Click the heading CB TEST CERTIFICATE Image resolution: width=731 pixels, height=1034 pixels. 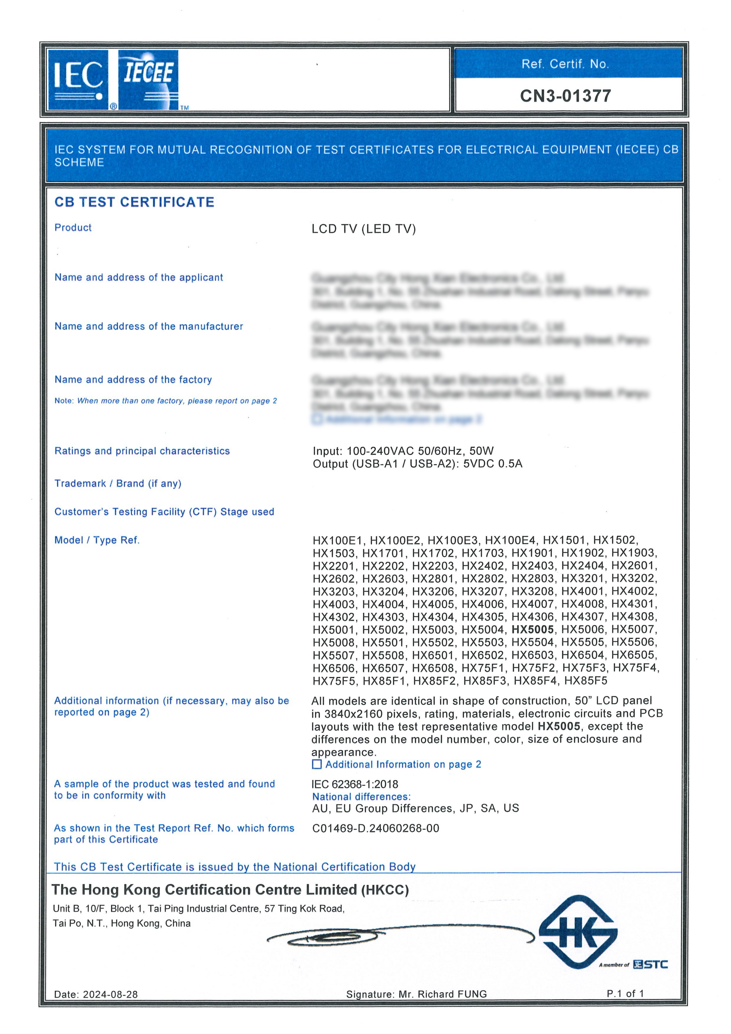[134, 202]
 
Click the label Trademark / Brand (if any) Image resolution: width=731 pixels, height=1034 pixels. [118, 484]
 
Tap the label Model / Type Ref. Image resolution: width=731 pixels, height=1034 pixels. [97, 540]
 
